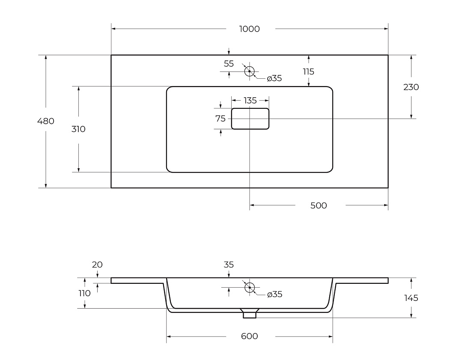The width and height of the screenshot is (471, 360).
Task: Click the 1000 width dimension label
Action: (249, 29)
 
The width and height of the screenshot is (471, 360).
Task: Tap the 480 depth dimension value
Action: (46, 121)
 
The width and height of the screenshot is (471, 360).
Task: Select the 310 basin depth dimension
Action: (78, 129)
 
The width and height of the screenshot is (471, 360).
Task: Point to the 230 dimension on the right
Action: (411, 87)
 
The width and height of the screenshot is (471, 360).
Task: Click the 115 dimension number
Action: (308, 71)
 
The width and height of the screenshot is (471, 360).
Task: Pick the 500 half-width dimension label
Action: (319, 205)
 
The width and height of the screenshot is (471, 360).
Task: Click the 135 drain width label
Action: (250, 100)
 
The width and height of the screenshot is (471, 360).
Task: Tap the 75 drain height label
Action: (221, 119)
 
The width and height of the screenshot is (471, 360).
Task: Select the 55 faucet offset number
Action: (229, 64)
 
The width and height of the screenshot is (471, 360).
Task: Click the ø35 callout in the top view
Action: (274, 78)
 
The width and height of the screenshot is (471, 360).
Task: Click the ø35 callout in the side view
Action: (275, 294)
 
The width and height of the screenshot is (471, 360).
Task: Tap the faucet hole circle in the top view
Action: (249, 66)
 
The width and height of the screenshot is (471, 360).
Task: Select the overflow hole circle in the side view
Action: (250, 283)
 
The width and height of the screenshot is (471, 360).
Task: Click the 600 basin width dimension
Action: (249, 336)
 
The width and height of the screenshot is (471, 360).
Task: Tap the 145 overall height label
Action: (411, 298)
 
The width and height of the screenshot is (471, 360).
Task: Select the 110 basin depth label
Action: (84, 293)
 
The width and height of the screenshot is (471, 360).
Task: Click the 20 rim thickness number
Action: (97, 265)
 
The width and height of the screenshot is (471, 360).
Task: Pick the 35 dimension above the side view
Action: (229, 265)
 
